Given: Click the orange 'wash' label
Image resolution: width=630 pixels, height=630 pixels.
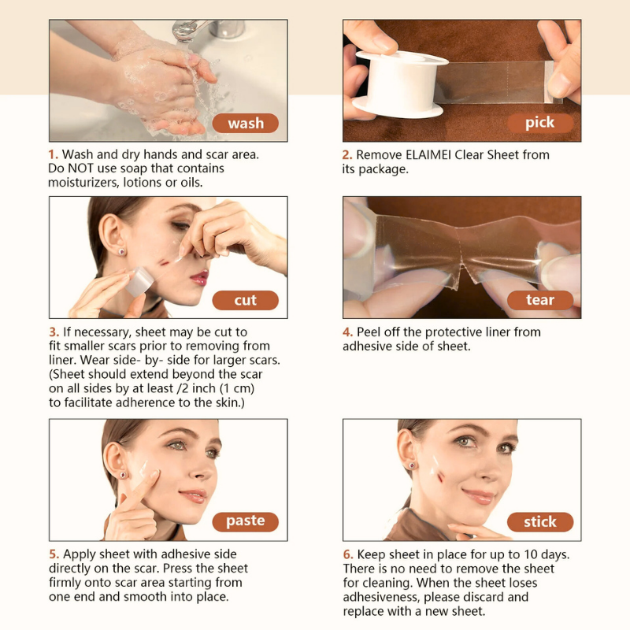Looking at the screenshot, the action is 245,123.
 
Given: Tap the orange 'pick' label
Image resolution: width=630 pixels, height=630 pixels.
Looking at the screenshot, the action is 540,123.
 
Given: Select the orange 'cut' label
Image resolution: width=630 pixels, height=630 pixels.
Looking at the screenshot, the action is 245,300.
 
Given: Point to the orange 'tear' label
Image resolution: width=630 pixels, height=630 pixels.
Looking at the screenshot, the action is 540,300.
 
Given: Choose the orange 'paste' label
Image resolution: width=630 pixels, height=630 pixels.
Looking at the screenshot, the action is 245,521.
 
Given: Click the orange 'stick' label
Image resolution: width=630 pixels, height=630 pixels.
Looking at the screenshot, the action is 540,521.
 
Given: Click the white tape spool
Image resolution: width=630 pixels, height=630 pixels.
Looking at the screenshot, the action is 399,83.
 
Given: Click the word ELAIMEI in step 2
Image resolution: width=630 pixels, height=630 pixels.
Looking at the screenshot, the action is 428,154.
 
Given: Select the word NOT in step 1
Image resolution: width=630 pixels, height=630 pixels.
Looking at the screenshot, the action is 81,169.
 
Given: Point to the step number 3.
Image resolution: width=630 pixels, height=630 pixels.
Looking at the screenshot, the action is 54,332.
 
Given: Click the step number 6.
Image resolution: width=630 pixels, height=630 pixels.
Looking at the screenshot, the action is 348,554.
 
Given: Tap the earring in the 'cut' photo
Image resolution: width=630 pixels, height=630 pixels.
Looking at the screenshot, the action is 121,252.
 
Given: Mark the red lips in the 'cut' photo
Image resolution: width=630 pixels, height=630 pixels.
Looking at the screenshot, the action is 199,277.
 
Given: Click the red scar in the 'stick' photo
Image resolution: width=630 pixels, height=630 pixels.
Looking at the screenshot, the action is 440,477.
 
